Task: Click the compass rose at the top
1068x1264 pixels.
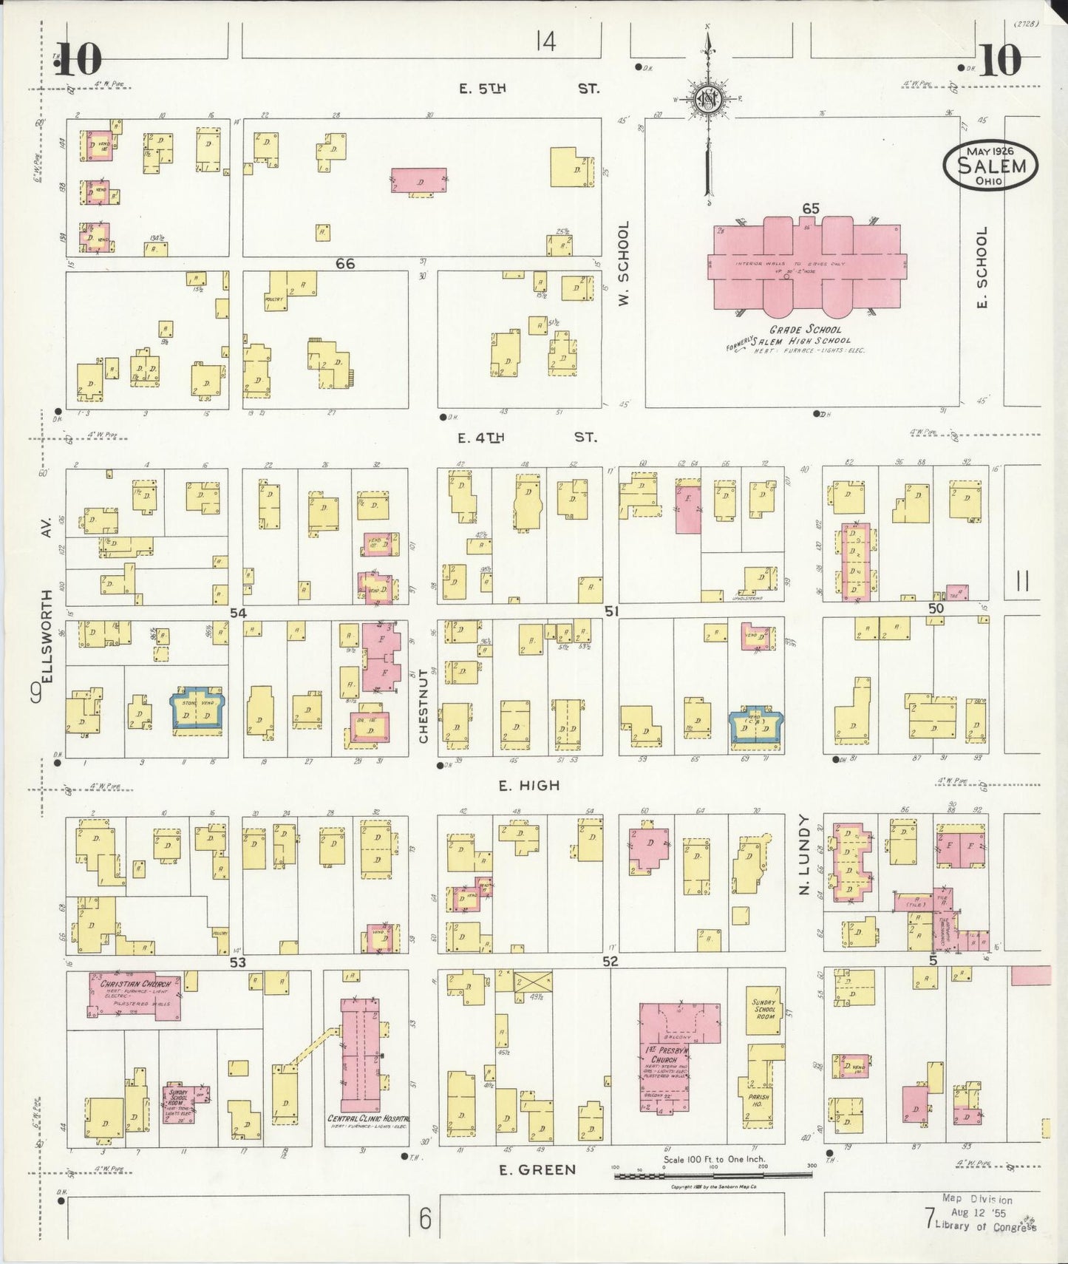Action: pyautogui.click(x=707, y=99)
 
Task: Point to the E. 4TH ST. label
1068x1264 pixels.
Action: pyautogui.click(x=526, y=438)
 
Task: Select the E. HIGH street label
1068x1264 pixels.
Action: pyautogui.click(x=528, y=786)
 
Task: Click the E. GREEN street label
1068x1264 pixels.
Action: pyautogui.click(x=526, y=1169)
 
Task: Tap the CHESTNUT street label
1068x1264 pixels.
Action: pyautogui.click(x=424, y=706)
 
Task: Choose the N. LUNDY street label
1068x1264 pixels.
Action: pyautogui.click(x=805, y=855)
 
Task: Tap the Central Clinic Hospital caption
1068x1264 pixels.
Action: pyautogui.click(x=367, y=1119)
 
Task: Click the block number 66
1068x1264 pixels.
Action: pyautogui.click(x=344, y=264)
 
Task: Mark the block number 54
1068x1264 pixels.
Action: pyautogui.click(x=237, y=612)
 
